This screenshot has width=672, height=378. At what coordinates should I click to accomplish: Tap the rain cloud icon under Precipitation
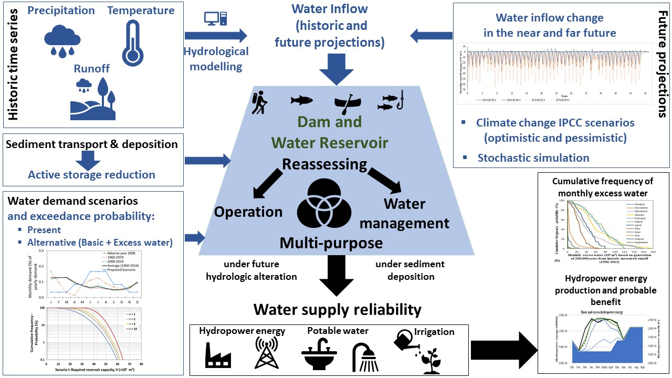(x=62, y=40)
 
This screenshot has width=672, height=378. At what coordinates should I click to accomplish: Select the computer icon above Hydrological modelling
(x=215, y=19)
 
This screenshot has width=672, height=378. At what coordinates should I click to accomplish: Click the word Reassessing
(x=325, y=164)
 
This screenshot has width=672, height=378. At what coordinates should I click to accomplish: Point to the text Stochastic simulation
(x=533, y=157)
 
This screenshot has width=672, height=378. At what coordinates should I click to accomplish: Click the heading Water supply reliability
(x=337, y=309)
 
